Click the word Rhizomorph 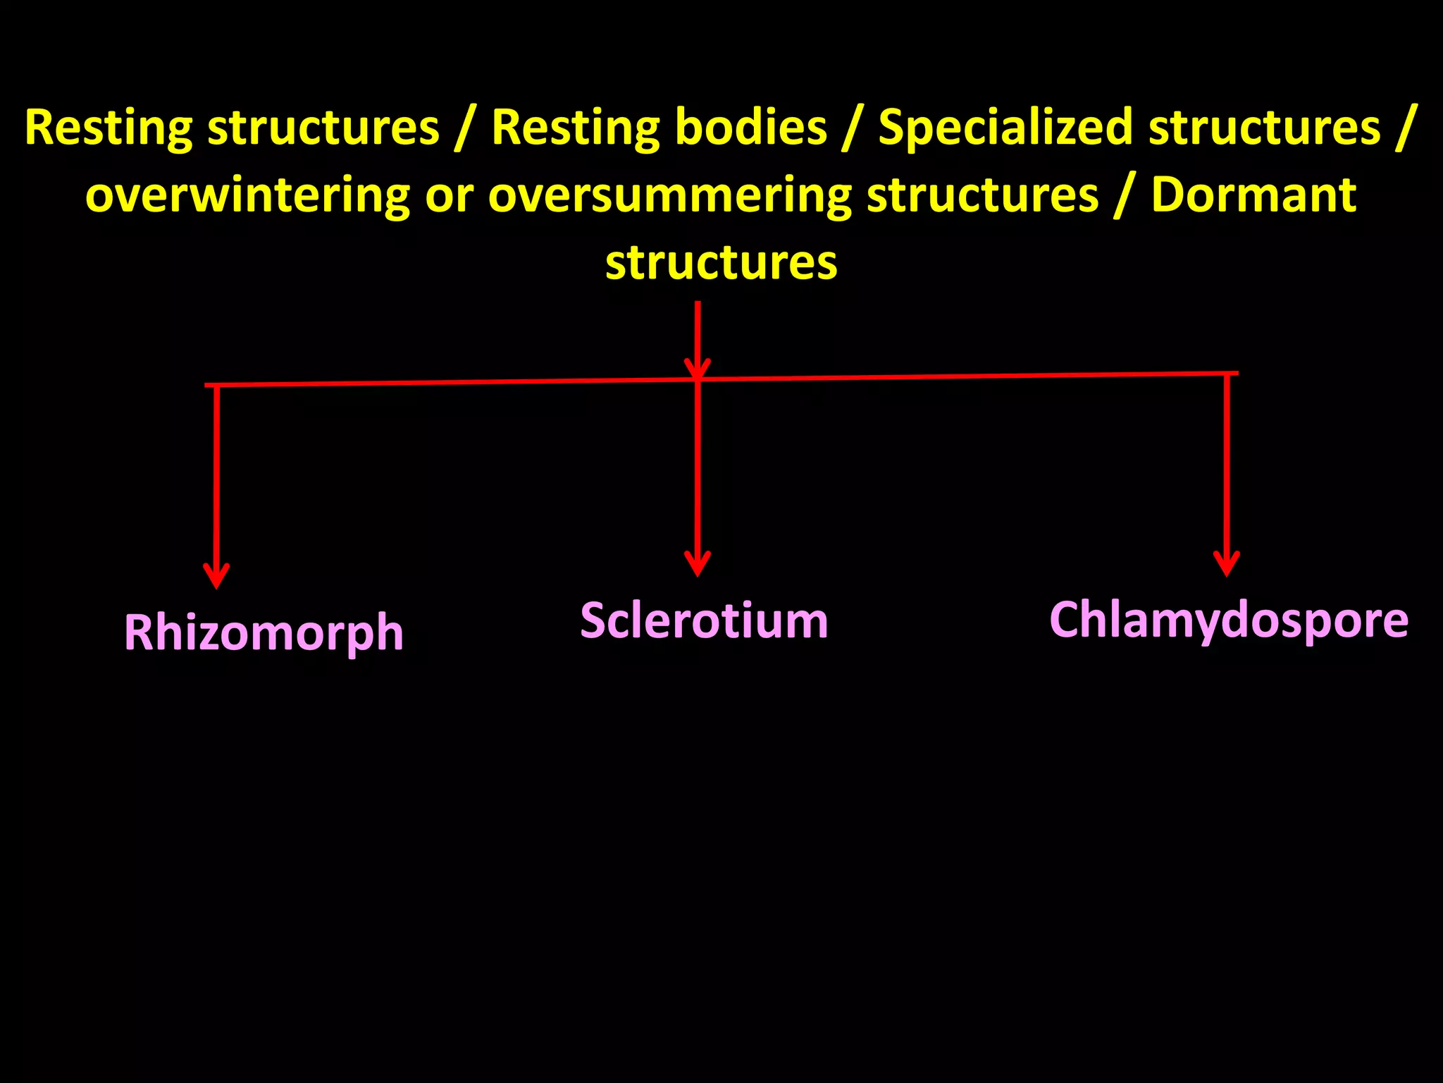point(264,632)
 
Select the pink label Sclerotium point(704,621)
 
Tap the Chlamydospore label point(1228,620)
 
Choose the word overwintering point(247,197)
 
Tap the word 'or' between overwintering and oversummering point(449,197)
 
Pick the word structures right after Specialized point(1265,128)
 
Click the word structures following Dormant point(721,262)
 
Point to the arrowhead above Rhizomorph point(216,575)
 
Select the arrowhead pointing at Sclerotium point(698,564)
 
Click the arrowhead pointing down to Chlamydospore point(1227,563)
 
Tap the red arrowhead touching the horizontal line point(698,369)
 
